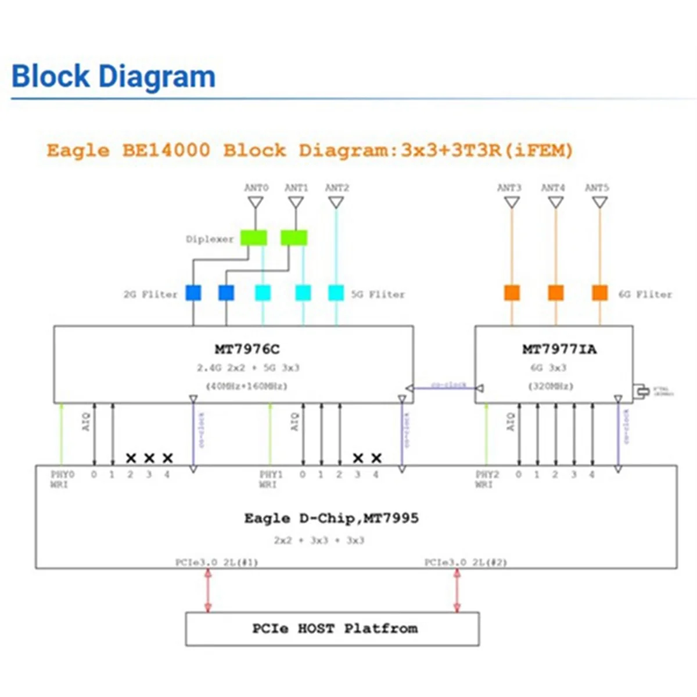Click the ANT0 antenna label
click(x=256, y=188)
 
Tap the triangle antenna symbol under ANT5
click(x=600, y=202)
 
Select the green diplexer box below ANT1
click(x=294, y=238)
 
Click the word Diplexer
click(x=210, y=239)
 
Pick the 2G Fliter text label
click(x=150, y=294)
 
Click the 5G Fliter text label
click(x=378, y=294)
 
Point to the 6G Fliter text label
click(x=645, y=294)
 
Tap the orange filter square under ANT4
click(x=556, y=293)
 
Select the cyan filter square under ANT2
click(x=336, y=293)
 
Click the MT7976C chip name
click(x=247, y=349)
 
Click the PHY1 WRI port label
click(x=271, y=479)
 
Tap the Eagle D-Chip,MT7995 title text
click(x=331, y=518)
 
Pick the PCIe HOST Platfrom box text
click(x=335, y=628)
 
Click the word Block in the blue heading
click(x=51, y=77)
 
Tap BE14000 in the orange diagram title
click(x=166, y=150)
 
